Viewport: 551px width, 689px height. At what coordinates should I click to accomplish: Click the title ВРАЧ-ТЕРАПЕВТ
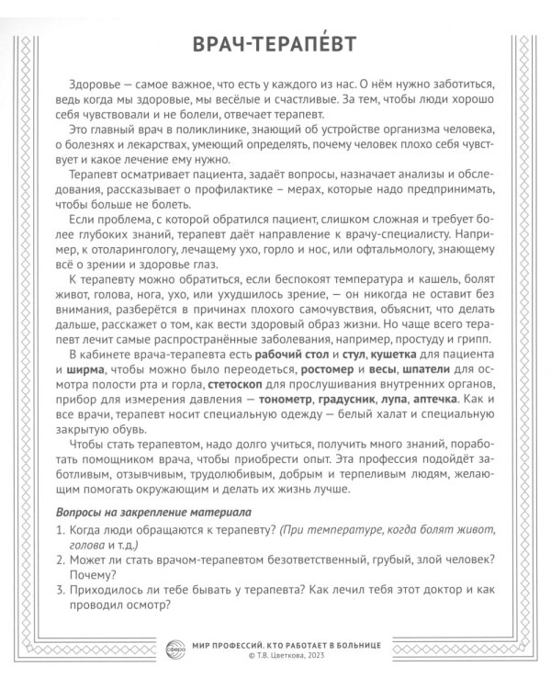pos(275,45)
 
